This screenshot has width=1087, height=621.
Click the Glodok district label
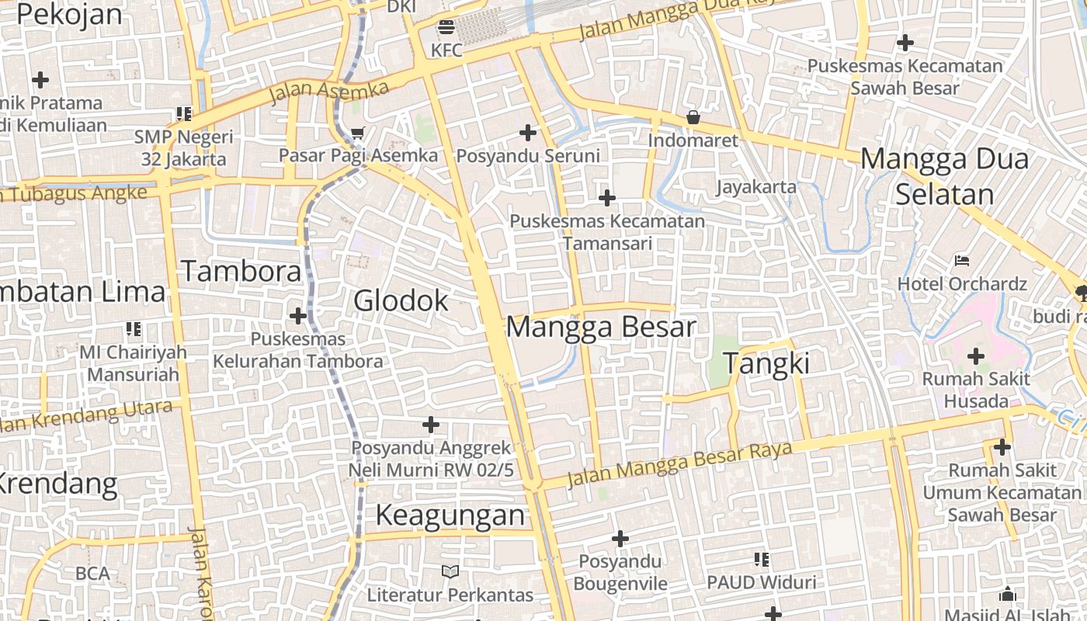point(401,301)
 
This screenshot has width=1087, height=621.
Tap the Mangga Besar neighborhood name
point(601,327)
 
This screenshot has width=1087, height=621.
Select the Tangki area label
point(766,363)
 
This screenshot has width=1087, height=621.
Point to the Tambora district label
point(241,272)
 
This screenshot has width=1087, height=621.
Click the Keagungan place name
point(450,515)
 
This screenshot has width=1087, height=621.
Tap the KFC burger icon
point(446,28)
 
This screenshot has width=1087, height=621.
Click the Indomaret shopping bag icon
point(693,118)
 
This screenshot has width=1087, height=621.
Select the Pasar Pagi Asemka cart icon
point(357,134)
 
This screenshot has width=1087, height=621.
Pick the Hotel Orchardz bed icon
point(962,260)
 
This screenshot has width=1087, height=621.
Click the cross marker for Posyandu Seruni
point(528,133)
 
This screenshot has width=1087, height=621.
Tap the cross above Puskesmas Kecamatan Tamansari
point(607,198)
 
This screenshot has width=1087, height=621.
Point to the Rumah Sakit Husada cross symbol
point(976,356)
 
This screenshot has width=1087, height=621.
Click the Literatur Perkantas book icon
point(450,572)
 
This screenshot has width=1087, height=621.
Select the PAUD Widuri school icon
point(761,559)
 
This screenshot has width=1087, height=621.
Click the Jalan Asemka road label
point(329,92)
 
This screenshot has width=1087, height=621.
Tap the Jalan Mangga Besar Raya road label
point(679,463)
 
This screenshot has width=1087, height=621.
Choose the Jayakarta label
point(756,187)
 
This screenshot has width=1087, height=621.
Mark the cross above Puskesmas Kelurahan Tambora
point(297,316)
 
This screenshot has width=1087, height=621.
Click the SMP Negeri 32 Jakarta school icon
point(184,114)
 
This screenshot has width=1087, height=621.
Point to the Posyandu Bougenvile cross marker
point(620,538)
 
